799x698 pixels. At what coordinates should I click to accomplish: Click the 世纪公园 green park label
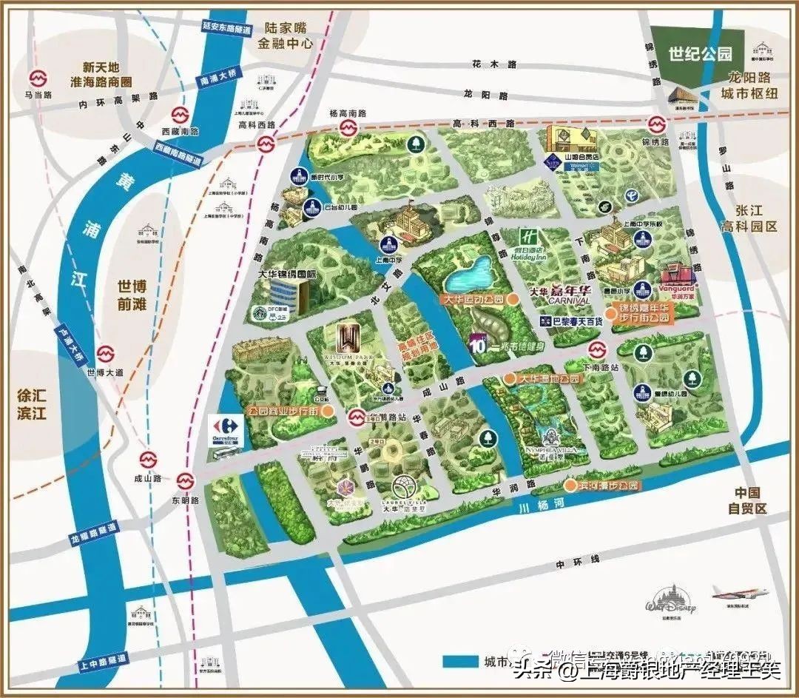click(699, 53)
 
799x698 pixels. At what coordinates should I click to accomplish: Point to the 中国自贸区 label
click(747, 501)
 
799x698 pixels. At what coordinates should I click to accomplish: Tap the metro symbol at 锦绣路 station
click(655, 124)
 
